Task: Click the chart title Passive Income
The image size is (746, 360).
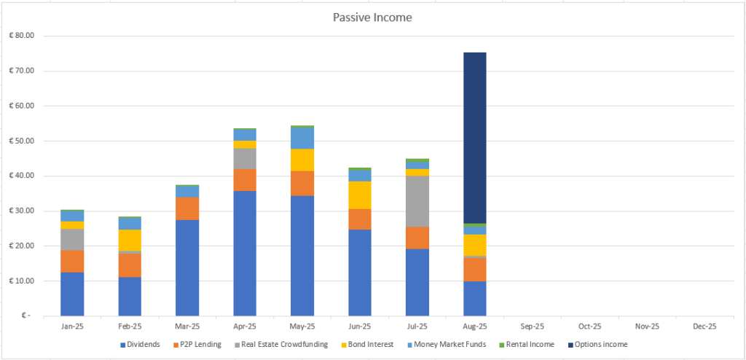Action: click(x=373, y=17)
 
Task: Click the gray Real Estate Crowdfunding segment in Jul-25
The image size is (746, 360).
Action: click(x=417, y=201)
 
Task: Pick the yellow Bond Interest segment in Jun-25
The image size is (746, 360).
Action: click(x=359, y=195)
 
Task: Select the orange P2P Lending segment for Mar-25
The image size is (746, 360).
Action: click(x=187, y=208)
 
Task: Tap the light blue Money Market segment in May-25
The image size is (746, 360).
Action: click(x=302, y=138)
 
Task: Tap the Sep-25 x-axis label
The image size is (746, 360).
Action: click(x=532, y=326)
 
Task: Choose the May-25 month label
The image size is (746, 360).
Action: click(x=302, y=326)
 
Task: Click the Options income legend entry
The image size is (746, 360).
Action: click(x=599, y=345)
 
